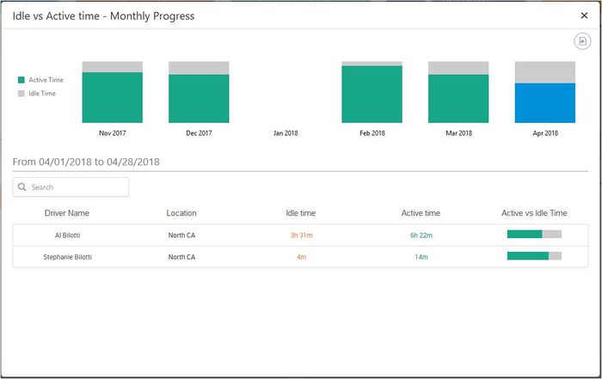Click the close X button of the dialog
click(585, 15)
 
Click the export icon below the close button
click(583, 41)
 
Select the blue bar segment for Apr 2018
click(544, 103)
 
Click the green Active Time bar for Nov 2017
click(112, 97)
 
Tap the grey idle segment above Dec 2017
click(199, 68)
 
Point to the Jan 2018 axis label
click(286, 133)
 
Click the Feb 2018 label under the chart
click(372, 133)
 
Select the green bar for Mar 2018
click(458, 99)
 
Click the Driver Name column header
click(67, 213)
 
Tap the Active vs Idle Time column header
click(534, 213)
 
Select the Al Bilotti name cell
click(67, 235)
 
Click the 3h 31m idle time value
click(301, 235)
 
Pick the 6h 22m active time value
click(421, 235)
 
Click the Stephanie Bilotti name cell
click(67, 256)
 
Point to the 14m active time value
click(421, 256)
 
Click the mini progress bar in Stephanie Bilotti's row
click(534, 255)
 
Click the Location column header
click(181, 213)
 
